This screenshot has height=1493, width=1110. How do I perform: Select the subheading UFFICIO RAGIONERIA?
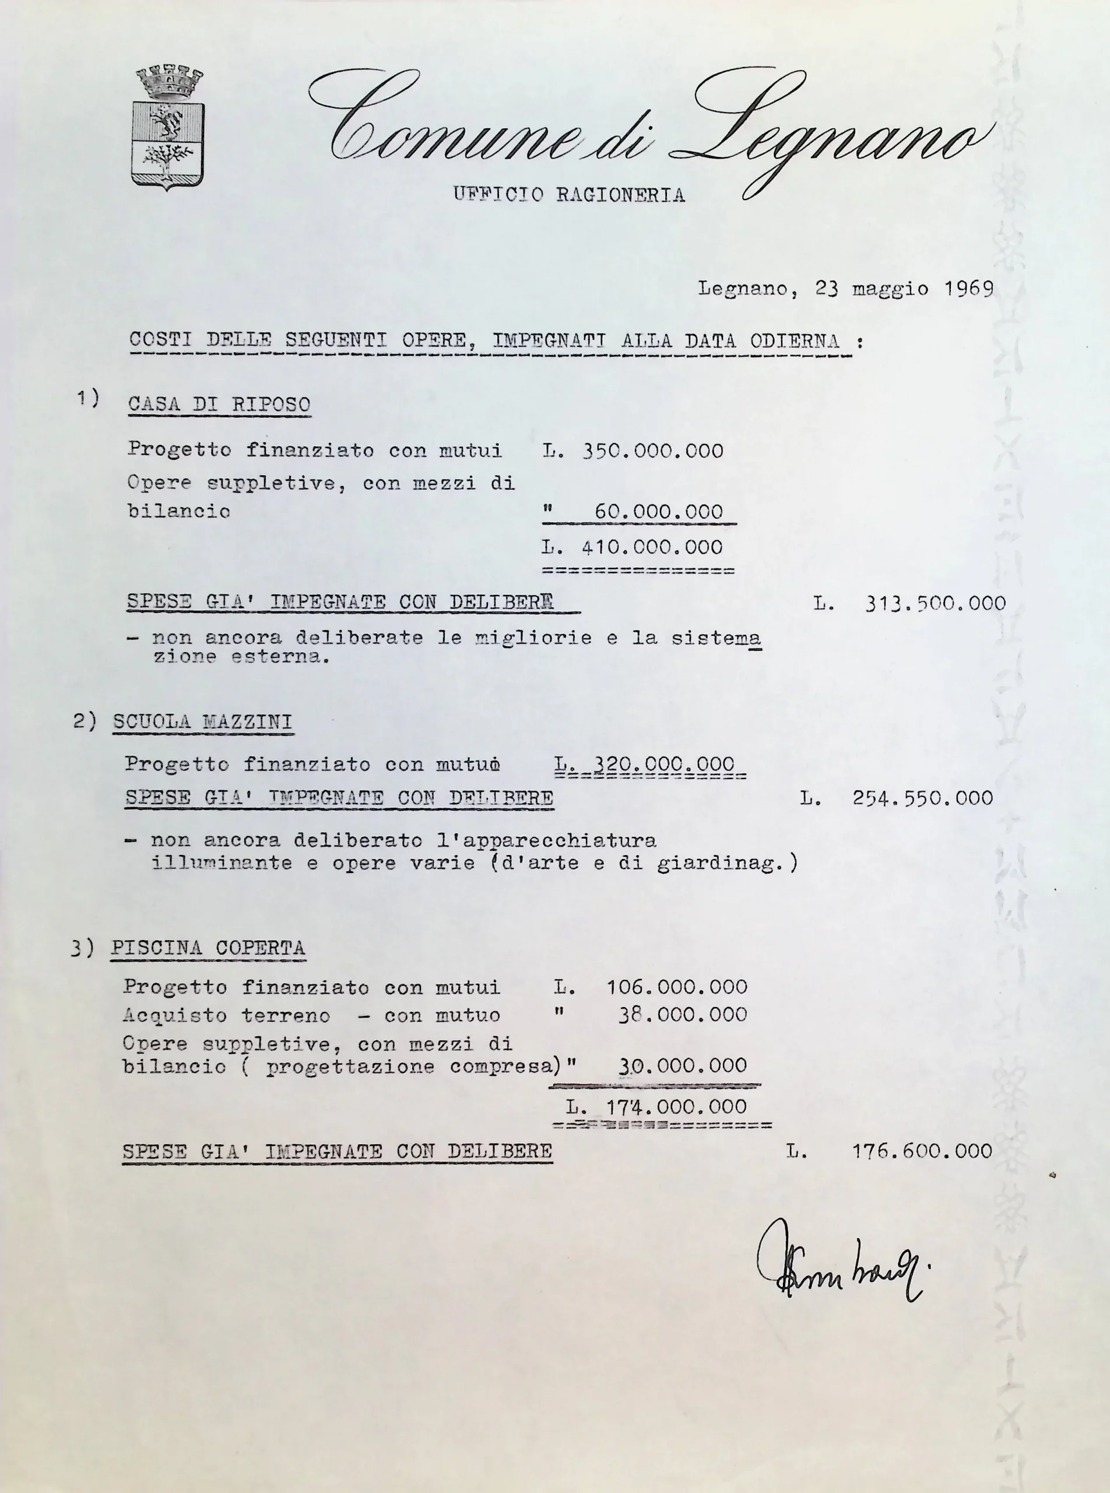tap(568, 195)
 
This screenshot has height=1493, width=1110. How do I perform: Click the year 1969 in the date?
tap(968, 289)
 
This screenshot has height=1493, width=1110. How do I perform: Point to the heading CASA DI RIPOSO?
tap(219, 405)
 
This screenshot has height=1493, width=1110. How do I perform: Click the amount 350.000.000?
tap(652, 450)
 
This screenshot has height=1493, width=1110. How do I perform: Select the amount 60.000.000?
tap(658, 512)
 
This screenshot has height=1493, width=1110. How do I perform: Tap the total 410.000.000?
tap(652, 547)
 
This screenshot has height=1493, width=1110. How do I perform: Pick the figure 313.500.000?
tap(935, 603)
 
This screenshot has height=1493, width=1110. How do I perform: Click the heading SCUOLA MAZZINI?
tap(202, 722)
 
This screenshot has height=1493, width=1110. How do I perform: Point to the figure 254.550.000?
tap(922, 798)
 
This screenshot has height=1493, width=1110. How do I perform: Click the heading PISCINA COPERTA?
tap(208, 948)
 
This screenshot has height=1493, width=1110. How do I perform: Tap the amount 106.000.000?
tap(677, 987)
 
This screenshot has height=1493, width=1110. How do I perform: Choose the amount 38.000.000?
tap(682, 1014)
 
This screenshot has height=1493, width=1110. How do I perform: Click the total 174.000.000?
tap(676, 1107)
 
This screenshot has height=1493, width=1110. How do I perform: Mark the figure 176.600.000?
tap(922, 1151)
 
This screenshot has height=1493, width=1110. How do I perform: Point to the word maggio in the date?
tap(890, 289)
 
